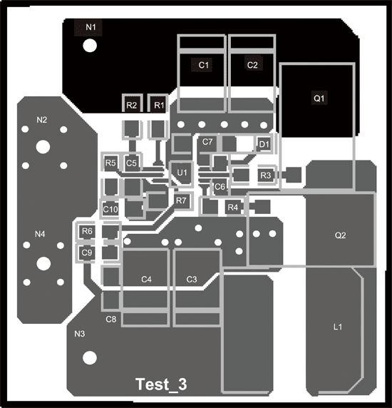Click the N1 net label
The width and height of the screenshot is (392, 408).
91,27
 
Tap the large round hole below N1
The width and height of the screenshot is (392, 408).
90,46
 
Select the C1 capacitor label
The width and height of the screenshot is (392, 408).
204,65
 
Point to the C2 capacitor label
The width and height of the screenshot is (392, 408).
252,65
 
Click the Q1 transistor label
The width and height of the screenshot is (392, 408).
319,98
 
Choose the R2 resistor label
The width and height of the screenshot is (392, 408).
131,106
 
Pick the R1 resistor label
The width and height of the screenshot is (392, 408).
159,106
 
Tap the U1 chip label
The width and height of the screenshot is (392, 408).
182,173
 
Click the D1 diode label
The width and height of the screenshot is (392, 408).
264,144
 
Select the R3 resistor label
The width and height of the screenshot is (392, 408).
265,175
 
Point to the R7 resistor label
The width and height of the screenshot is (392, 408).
181,200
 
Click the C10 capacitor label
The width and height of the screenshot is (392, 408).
110,209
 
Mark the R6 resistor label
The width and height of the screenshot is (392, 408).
87,231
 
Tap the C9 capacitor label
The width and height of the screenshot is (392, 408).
86,253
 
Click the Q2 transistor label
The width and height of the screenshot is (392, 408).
340,235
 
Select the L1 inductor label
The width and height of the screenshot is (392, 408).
338,327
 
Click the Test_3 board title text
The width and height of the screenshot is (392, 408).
161,384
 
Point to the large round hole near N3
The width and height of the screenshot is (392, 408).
90,358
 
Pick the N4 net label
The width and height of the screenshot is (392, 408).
40,234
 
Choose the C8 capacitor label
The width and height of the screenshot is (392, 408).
110,320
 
